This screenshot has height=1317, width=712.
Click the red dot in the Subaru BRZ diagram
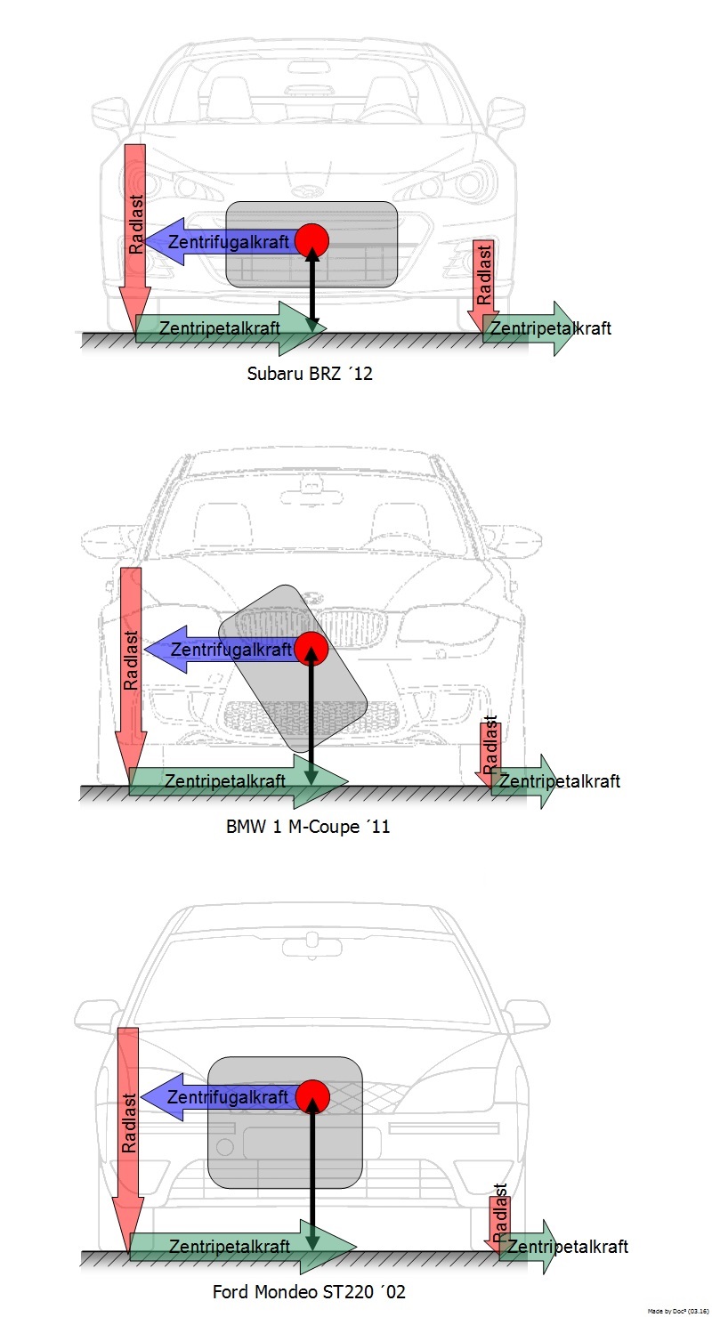pos(311,240)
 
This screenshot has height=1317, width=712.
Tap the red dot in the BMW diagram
pos(311,649)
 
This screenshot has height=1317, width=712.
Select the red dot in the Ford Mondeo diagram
pos(312,1096)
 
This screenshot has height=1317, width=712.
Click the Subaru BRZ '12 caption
pos(309,374)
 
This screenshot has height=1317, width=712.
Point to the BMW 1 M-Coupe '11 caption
pos(308,827)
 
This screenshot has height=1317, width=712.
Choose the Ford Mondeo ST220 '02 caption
pos(309,1292)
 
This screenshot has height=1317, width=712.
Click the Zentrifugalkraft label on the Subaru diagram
pos(229,242)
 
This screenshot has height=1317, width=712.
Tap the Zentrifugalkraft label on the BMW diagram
pos(231,650)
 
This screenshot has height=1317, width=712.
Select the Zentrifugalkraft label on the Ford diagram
pos(228,1097)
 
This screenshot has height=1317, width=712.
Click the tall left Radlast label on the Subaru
pos(136,224)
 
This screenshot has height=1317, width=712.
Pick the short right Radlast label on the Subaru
pos(484,275)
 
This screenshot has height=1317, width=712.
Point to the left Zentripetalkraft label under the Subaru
pos(219,328)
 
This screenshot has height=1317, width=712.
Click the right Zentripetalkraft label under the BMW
pos(560,781)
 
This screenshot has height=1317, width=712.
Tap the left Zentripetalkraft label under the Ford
pos(230,1247)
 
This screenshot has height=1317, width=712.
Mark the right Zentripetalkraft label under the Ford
pos(568,1247)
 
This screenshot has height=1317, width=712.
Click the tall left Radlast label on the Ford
pos(129,1122)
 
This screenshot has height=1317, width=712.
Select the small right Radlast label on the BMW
pos(490,744)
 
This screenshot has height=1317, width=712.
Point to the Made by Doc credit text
pos(678,1311)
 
